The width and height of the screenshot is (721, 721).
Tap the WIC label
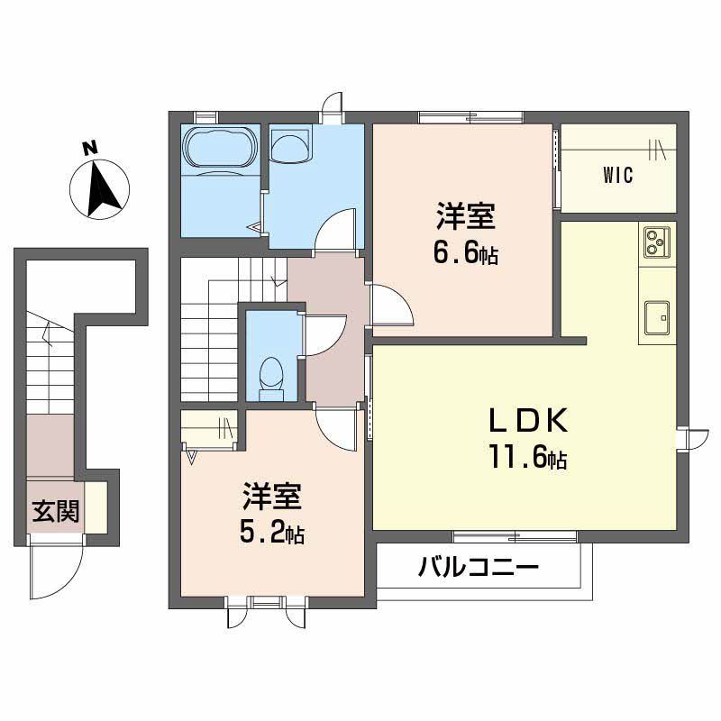tap(618, 175)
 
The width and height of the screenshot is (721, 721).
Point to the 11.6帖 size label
tap(528, 460)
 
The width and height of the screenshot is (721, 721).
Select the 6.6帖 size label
tap(465, 254)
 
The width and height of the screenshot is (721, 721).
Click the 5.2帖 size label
tap(270, 533)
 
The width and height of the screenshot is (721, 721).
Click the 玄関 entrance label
tap(56, 512)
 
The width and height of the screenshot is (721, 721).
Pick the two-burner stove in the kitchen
tap(656, 241)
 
